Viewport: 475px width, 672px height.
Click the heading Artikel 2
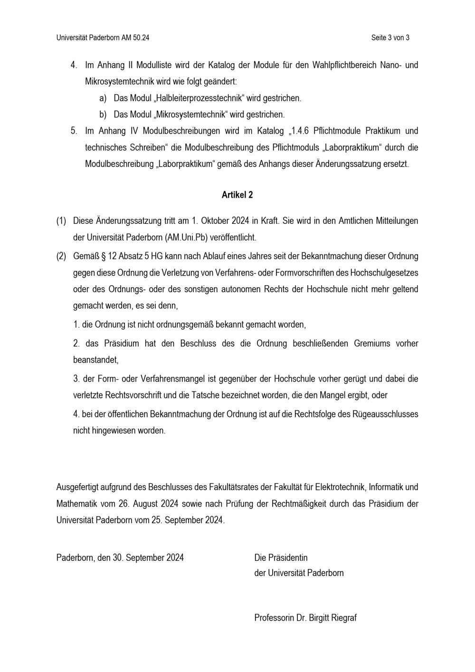click(x=237, y=195)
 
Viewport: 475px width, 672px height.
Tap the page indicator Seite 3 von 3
click(x=390, y=38)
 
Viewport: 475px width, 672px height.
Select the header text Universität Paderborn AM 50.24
click(x=103, y=38)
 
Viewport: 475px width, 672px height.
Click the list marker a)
click(x=103, y=98)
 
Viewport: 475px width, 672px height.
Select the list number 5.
click(x=74, y=131)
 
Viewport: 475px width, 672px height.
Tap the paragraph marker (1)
click(x=61, y=221)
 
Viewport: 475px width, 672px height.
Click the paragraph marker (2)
click(x=61, y=256)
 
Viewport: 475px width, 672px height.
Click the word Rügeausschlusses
click(x=385, y=414)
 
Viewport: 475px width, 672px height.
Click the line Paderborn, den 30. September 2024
click(x=120, y=557)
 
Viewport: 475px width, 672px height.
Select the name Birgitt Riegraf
click(x=332, y=618)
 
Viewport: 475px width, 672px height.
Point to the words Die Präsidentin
click(x=281, y=557)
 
